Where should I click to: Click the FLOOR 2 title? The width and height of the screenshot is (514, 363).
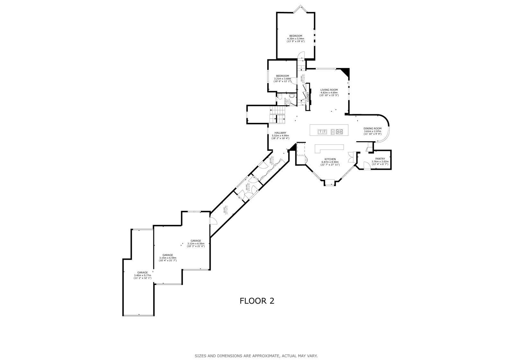coord(257,301)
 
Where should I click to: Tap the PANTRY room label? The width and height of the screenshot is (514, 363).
coord(380,159)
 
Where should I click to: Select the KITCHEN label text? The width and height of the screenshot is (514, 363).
coord(330,159)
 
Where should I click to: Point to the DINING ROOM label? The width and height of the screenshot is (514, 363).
coord(372,128)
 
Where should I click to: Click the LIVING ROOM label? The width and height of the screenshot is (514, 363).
coord(329,90)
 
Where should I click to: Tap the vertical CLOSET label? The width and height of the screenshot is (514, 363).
coord(308,97)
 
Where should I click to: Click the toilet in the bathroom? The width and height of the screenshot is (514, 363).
coord(280,96)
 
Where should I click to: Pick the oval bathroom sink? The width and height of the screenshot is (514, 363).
coord(291,96)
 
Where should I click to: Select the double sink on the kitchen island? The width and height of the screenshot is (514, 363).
coord(322,131)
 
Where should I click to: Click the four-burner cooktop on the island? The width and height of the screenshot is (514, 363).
coord(339,131)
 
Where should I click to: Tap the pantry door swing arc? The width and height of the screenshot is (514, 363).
coord(366,165)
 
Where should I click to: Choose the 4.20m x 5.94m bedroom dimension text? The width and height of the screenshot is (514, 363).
coord(296,39)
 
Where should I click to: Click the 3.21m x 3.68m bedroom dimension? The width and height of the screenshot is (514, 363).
coord(282,79)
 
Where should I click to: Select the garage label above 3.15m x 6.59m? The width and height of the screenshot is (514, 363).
coord(167,255)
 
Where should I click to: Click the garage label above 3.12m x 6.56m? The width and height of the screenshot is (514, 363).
coord(196,241)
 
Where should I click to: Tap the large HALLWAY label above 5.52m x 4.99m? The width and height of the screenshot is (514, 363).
coord(280,133)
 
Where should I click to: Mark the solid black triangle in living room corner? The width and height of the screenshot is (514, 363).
coord(346,71)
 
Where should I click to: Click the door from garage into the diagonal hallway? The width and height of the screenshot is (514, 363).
coord(213,221)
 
